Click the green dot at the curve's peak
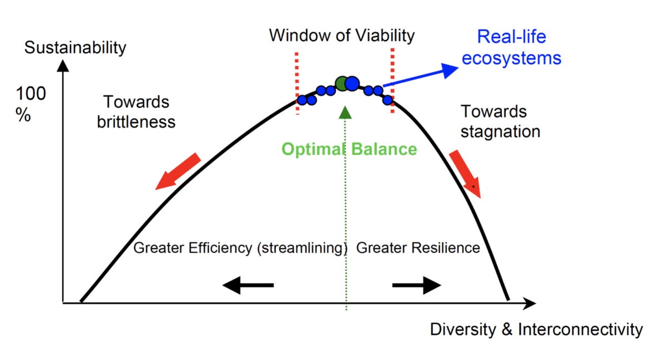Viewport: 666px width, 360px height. click(342, 84)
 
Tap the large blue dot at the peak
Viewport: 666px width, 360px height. click(352, 83)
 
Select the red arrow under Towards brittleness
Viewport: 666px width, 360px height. click(178, 171)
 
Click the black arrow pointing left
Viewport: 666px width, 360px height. click(248, 285)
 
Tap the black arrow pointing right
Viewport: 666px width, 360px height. click(416, 285)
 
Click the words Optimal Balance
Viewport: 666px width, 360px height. click(349, 149)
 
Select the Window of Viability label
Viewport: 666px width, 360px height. click(342, 36)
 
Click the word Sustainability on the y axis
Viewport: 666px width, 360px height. click(75, 48)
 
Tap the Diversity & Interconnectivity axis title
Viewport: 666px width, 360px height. click(536, 329)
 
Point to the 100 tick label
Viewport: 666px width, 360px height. click(31, 94)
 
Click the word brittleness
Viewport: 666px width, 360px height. click(136, 121)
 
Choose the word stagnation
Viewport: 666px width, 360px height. click(501, 131)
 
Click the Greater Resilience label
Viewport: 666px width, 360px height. click(418, 247)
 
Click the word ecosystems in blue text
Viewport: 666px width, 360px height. click(511, 58)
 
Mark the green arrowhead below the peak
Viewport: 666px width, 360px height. click(346, 113)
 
